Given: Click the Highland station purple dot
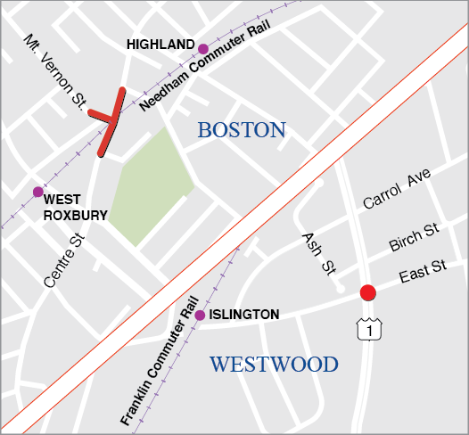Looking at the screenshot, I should point(203,48).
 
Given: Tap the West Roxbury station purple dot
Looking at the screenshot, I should point(37,192).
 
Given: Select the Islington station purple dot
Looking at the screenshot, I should point(200,315).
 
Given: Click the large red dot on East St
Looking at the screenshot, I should point(366,292).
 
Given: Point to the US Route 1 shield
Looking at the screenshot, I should point(364,331).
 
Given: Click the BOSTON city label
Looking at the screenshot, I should point(242,130).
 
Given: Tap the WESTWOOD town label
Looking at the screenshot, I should point(274,364).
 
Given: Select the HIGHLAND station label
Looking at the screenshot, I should point(160,44).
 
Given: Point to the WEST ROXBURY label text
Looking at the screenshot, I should point(75,208).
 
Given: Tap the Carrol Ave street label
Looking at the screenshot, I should point(397,189).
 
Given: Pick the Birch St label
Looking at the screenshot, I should point(414,238).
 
